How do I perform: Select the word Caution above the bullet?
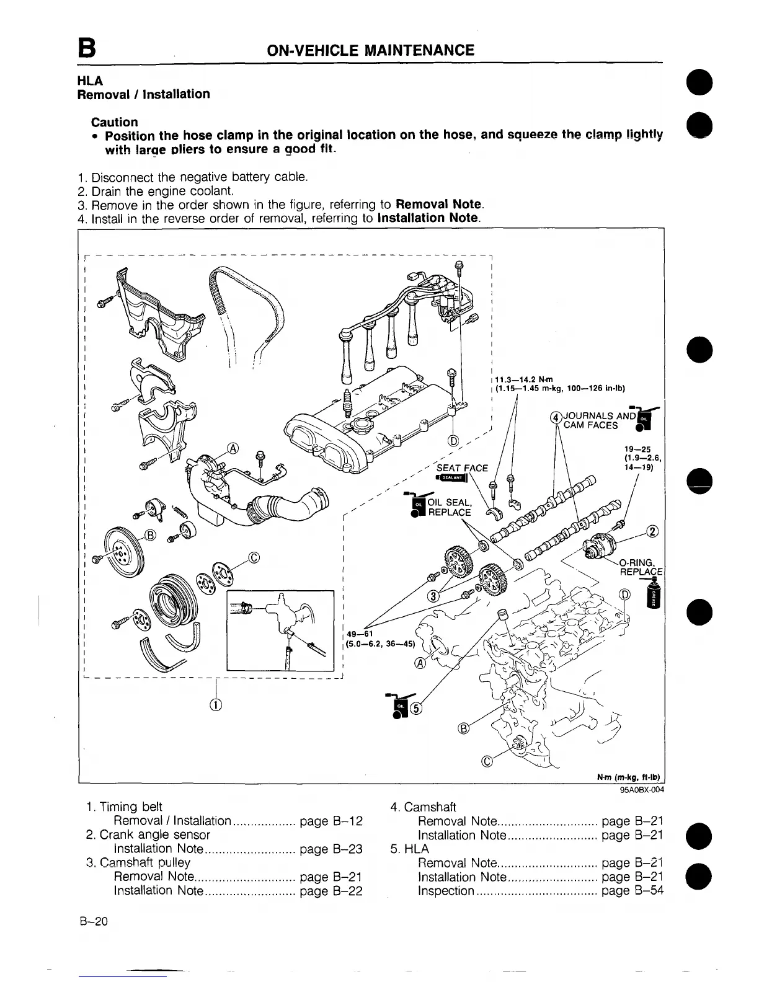tap(114, 122)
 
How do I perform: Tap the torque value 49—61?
tap(360, 634)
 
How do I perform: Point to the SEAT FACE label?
tap(463, 467)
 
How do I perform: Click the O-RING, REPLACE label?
tap(641, 567)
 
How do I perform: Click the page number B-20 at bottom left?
tap(94, 921)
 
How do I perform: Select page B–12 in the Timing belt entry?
tap(331, 821)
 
